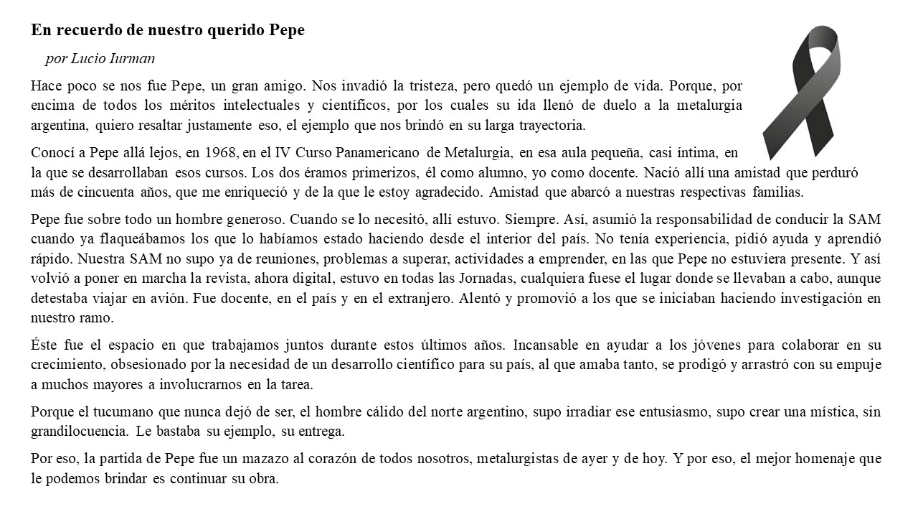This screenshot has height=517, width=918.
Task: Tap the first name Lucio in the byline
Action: point(88,59)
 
